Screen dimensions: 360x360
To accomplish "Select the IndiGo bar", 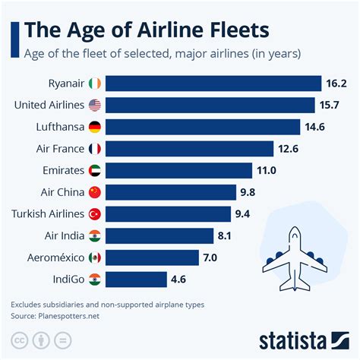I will click(137, 279).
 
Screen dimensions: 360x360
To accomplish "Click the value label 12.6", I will click(290, 149).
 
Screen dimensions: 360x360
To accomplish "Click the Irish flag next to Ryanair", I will click(94, 84).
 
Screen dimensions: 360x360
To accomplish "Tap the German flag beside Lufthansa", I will click(94, 127).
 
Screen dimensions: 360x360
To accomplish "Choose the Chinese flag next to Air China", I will click(94, 192).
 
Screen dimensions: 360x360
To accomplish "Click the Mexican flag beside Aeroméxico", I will click(94, 257).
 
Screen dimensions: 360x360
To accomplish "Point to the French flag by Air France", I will click(94, 149).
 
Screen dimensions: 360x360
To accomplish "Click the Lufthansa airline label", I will click(59, 127).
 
